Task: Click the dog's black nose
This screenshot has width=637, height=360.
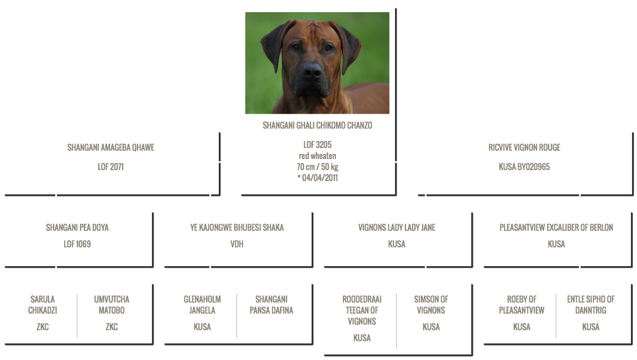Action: (312, 71)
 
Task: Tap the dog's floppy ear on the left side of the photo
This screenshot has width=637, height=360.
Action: (275, 46)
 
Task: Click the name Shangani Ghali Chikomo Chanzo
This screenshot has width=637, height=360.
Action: (317, 125)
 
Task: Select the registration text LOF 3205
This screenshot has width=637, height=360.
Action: (317, 145)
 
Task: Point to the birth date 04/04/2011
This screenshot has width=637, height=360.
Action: (320, 178)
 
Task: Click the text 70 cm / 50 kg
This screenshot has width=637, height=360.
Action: (317, 167)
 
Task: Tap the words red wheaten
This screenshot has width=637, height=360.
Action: (317, 156)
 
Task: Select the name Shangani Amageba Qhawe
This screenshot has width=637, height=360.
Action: (110, 147)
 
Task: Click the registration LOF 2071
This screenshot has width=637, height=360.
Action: (110, 167)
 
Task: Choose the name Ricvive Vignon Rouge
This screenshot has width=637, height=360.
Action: (524, 147)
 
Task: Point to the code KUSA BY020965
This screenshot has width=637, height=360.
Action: (524, 167)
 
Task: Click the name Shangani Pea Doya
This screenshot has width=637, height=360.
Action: (77, 227)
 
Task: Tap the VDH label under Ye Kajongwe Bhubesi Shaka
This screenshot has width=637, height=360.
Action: (237, 244)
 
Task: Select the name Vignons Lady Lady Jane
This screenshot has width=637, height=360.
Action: (397, 227)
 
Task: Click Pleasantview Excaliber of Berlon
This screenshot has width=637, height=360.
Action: (556, 227)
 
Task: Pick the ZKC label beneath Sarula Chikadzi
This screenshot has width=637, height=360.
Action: (43, 327)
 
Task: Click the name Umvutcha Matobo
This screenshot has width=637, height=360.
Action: (112, 305)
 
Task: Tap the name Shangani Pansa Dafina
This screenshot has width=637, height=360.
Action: (271, 305)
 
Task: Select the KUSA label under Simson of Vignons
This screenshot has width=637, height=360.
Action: (431, 327)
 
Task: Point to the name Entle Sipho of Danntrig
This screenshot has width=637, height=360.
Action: (591, 305)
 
